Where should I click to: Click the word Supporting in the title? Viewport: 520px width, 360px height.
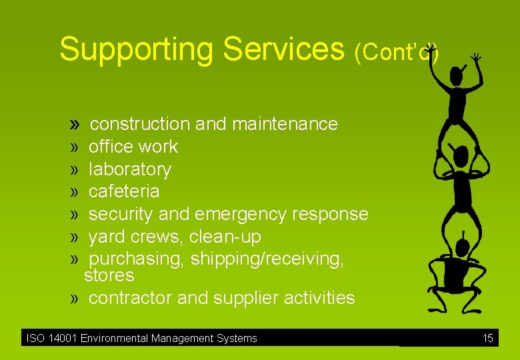click(x=137, y=49)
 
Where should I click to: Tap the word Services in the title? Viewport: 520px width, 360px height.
click(x=283, y=49)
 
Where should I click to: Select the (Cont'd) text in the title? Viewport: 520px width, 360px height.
click(x=396, y=52)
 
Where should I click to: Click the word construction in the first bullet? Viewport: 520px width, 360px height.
click(x=140, y=124)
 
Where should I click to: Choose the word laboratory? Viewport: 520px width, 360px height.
click(x=129, y=169)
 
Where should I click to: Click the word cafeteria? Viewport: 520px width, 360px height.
click(x=124, y=191)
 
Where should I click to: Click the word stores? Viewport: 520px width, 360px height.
click(x=109, y=275)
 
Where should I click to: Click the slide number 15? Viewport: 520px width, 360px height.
click(x=487, y=339)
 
